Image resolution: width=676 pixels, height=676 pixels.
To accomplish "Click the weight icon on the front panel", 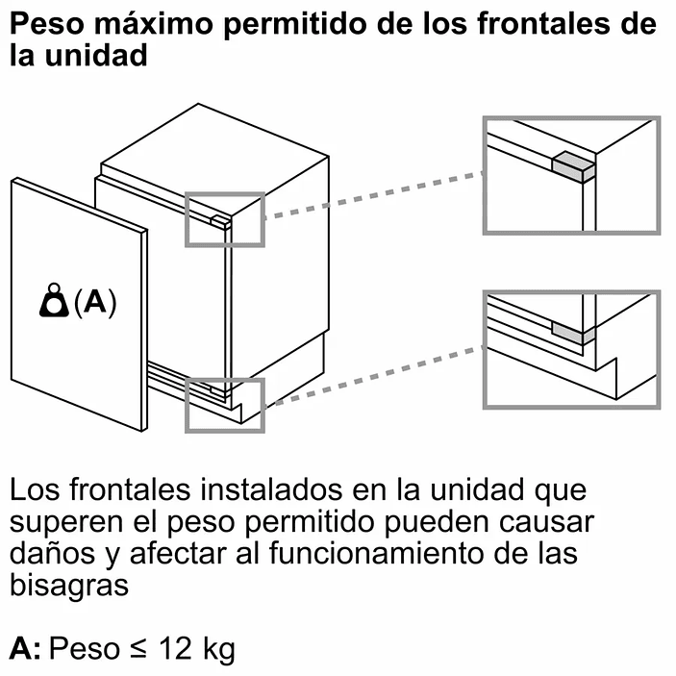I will click(56, 301).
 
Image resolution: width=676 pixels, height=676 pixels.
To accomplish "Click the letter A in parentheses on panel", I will click(93, 302).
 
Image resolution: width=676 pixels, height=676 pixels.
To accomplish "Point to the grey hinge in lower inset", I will click(571, 331).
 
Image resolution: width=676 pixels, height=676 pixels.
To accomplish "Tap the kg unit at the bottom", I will click(217, 650).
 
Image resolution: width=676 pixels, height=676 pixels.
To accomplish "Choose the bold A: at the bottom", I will click(25, 650).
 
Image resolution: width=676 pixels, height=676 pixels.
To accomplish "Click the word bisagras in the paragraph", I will click(68, 586).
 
